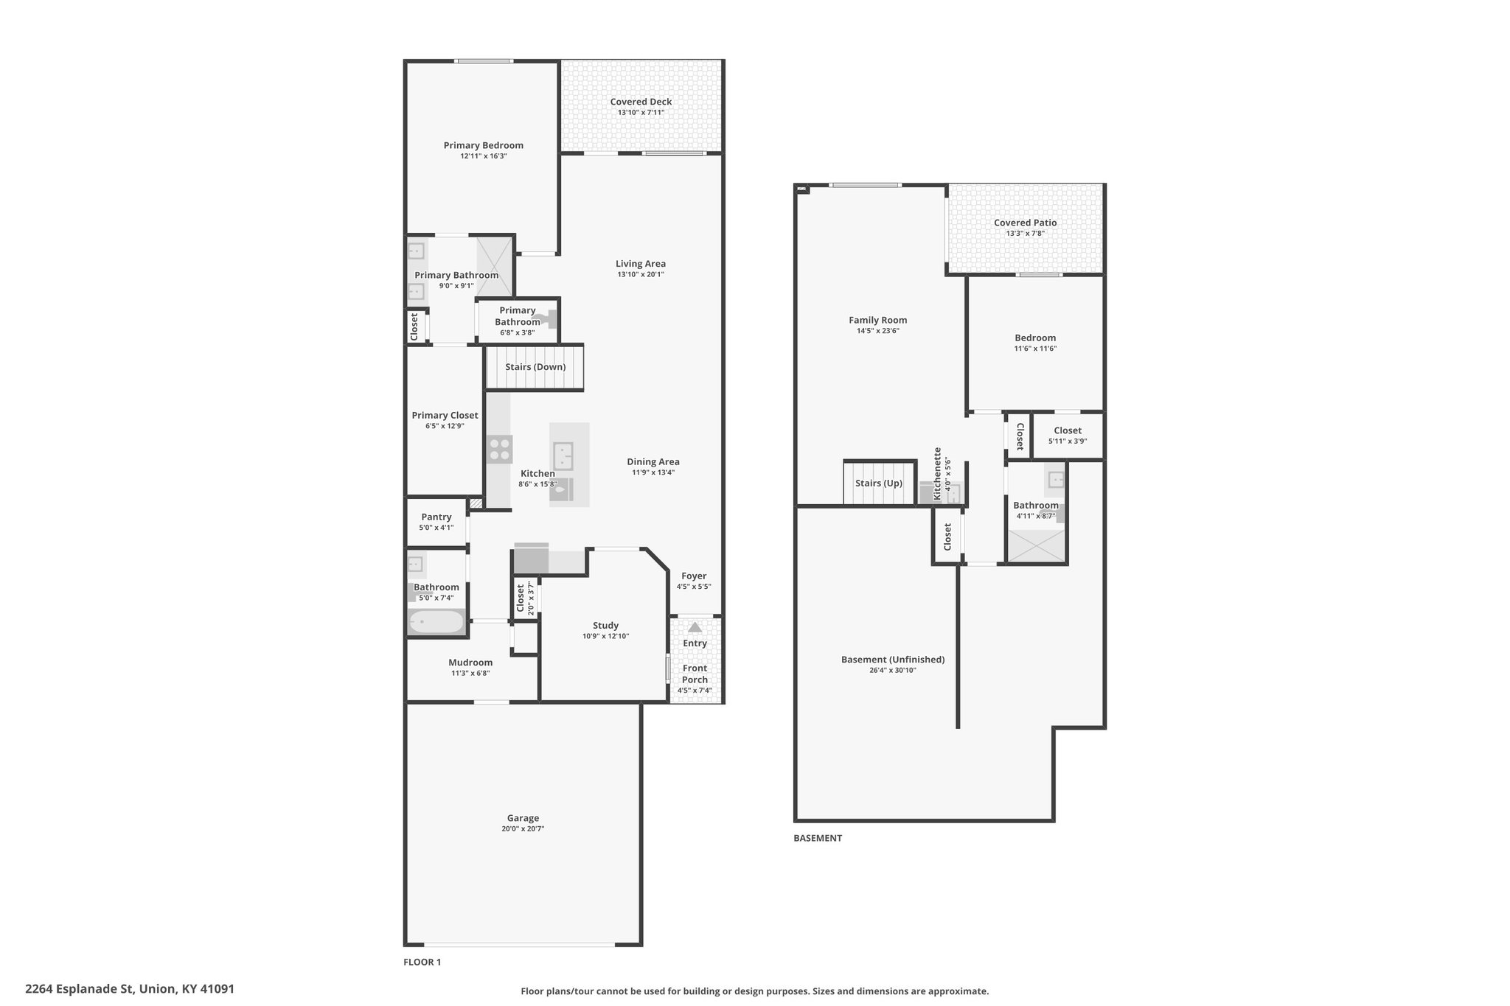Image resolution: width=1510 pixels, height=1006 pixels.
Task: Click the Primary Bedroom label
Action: (x=483, y=145)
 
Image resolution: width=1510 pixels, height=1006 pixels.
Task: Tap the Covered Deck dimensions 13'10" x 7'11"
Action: (x=641, y=113)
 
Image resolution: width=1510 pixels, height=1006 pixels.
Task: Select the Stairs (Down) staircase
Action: (x=535, y=367)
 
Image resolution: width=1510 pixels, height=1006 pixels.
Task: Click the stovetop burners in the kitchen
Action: (x=500, y=450)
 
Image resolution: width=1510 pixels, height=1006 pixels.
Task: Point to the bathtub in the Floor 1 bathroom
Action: (x=436, y=623)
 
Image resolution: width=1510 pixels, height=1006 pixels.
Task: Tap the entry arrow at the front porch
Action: (x=695, y=627)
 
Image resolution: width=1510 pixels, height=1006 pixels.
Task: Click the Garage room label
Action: (x=523, y=817)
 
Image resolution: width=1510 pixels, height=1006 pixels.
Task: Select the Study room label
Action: (x=605, y=625)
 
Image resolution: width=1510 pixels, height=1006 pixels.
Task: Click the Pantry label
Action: (x=436, y=517)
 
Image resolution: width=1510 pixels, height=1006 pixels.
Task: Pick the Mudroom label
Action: (x=470, y=662)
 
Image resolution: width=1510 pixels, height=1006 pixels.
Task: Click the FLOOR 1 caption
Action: (x=422, y=962)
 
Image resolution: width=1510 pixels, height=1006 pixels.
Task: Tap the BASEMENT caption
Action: (x=817, y=838)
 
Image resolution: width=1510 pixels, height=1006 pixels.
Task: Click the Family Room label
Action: (x=877, y=320)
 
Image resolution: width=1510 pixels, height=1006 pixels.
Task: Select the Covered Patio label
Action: (x=1025, y=223)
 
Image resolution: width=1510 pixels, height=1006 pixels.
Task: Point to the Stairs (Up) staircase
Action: (x=879, y=483)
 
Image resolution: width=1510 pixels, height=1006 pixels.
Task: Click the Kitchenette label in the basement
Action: (x=938, y=473)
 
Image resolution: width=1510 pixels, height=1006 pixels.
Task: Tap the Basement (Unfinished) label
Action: (x=893, y=660)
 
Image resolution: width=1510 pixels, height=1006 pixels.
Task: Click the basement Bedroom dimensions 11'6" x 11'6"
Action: (x=1035, y=349)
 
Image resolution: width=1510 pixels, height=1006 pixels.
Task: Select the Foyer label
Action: (x=694, y=576)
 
